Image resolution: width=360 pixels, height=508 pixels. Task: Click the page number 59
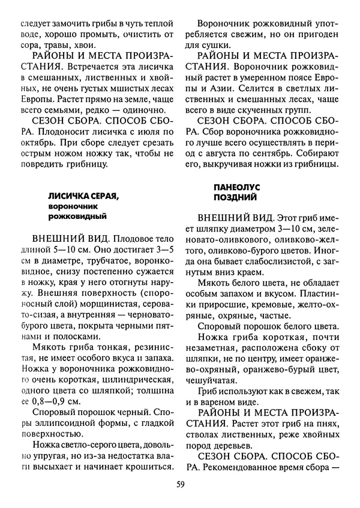[180, 485]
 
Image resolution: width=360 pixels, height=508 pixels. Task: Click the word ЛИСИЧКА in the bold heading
[68, 196]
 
